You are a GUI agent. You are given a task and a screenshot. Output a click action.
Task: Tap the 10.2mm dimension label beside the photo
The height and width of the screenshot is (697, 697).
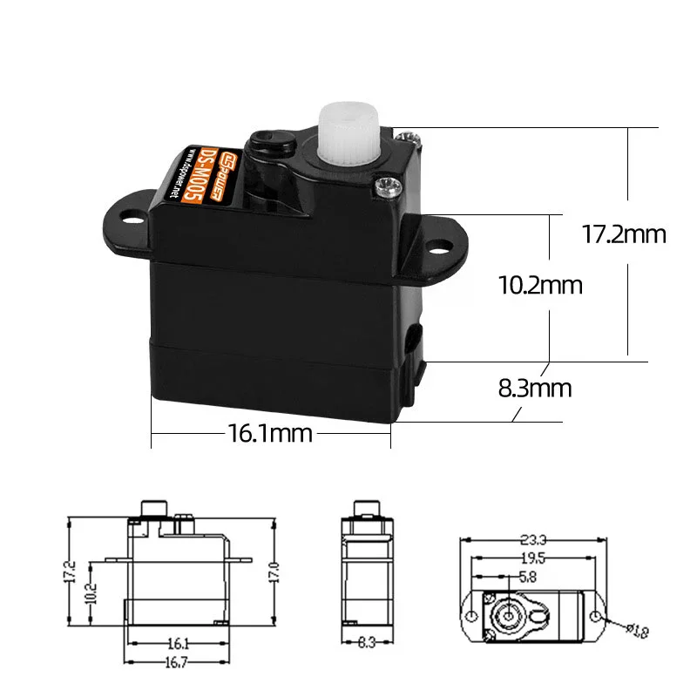point(540,285)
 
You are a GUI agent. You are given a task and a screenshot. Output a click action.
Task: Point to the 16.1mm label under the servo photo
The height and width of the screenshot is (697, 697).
point(270,433)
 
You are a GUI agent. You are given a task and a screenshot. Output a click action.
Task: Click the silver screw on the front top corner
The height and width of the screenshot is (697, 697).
point(382,184)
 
